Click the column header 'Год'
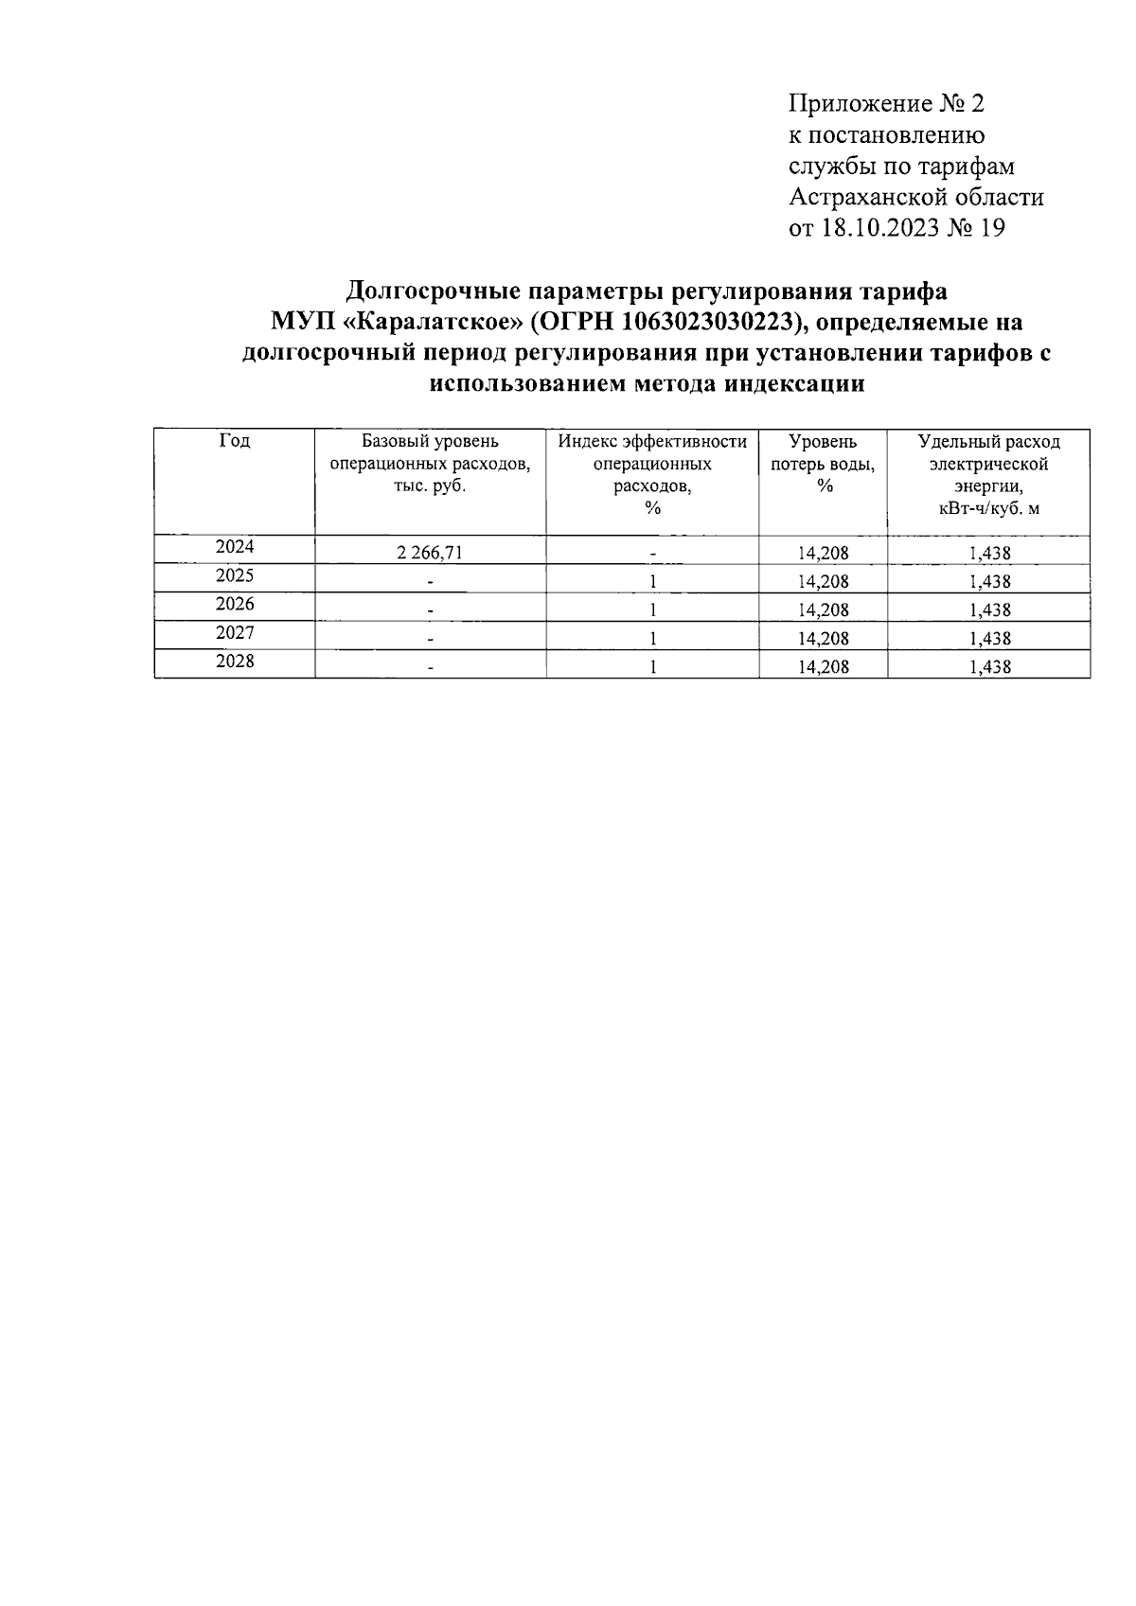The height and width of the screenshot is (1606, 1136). (x=234, y=441)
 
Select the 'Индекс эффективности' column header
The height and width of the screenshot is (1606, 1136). (x=652, y=442)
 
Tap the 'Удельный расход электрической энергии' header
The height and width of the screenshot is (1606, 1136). (x=988, y=464)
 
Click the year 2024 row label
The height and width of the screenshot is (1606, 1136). (x=234, y=547)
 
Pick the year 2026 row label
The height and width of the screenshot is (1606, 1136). (x=234, y=605)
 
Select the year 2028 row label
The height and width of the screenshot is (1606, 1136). (x=234, y=662)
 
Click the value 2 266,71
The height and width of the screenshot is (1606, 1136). (x=430, y=553)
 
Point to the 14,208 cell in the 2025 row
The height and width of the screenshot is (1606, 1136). (x=823, y=581)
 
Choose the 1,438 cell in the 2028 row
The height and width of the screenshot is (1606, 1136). (x=989, y=666)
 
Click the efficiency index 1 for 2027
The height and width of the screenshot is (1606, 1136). (x=652, y=638)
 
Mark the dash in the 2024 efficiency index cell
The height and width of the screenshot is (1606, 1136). (x=652, y=555)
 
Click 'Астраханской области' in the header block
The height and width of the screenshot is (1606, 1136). (x=916, y=197)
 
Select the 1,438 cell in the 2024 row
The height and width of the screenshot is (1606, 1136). (x=989, y=553)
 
